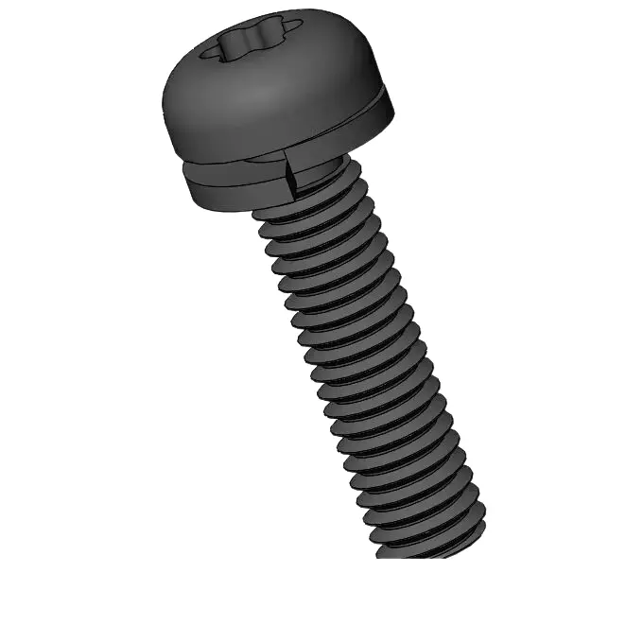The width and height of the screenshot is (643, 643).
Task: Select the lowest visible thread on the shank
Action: (430, 537)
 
